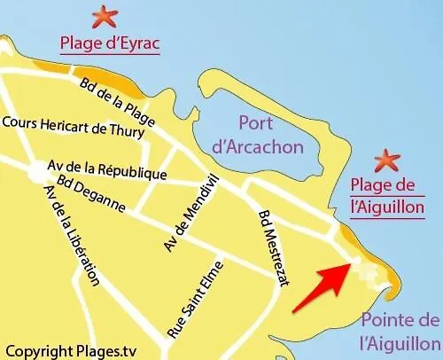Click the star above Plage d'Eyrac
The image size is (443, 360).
(105, 15)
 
